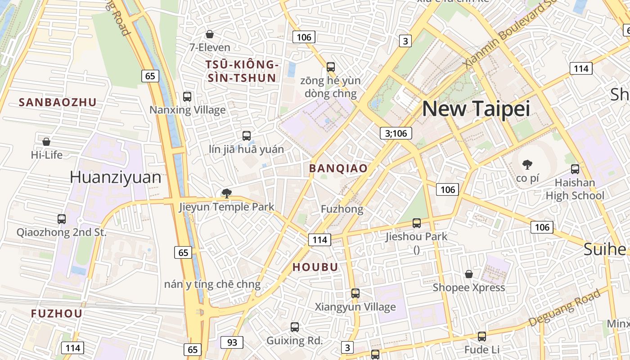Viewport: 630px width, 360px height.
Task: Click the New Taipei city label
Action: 476,109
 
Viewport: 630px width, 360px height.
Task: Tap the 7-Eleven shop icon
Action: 209,34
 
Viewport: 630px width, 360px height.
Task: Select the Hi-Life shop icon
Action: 46,142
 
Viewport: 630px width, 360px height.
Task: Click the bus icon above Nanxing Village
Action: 187,97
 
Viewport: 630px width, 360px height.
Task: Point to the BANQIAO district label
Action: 338,169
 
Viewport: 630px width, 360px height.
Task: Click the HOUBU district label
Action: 315,267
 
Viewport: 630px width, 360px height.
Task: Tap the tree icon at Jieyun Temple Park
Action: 226,194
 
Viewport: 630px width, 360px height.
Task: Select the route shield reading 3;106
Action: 396,133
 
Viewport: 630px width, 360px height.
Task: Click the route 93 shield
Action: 232,342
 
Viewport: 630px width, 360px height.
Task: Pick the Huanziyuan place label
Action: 115,178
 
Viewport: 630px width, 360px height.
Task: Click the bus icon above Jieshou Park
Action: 417,223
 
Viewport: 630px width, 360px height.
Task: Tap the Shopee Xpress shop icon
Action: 469,274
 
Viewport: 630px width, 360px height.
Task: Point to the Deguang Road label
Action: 565,308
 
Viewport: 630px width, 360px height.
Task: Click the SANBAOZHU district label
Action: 58,103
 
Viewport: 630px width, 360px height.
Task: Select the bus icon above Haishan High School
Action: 575,169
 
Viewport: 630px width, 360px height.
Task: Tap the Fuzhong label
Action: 342,209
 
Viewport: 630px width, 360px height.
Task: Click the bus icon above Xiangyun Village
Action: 355,293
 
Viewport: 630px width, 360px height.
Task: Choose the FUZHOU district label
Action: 57,314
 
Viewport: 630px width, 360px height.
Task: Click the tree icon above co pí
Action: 527,165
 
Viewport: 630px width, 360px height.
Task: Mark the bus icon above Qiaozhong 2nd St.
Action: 62,219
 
